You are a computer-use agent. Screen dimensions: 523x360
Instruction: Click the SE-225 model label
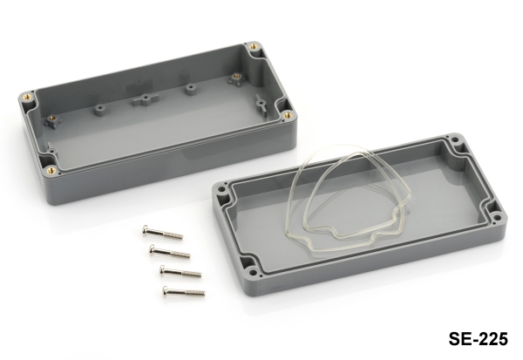[x=478, y=339]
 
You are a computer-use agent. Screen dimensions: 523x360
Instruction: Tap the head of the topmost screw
[x=145, y=228]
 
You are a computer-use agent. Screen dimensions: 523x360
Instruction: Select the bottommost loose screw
[x=183, y=291]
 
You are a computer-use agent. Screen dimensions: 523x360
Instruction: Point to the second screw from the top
[x=170, y=251]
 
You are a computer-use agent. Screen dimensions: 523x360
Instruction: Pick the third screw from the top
[x=180, y=270]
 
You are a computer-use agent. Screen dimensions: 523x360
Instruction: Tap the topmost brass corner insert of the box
[x=254, y=46]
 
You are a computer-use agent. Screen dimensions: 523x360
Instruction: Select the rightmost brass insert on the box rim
[x=289, y=115]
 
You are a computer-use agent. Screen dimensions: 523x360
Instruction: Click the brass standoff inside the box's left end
[x=52, y=119]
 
